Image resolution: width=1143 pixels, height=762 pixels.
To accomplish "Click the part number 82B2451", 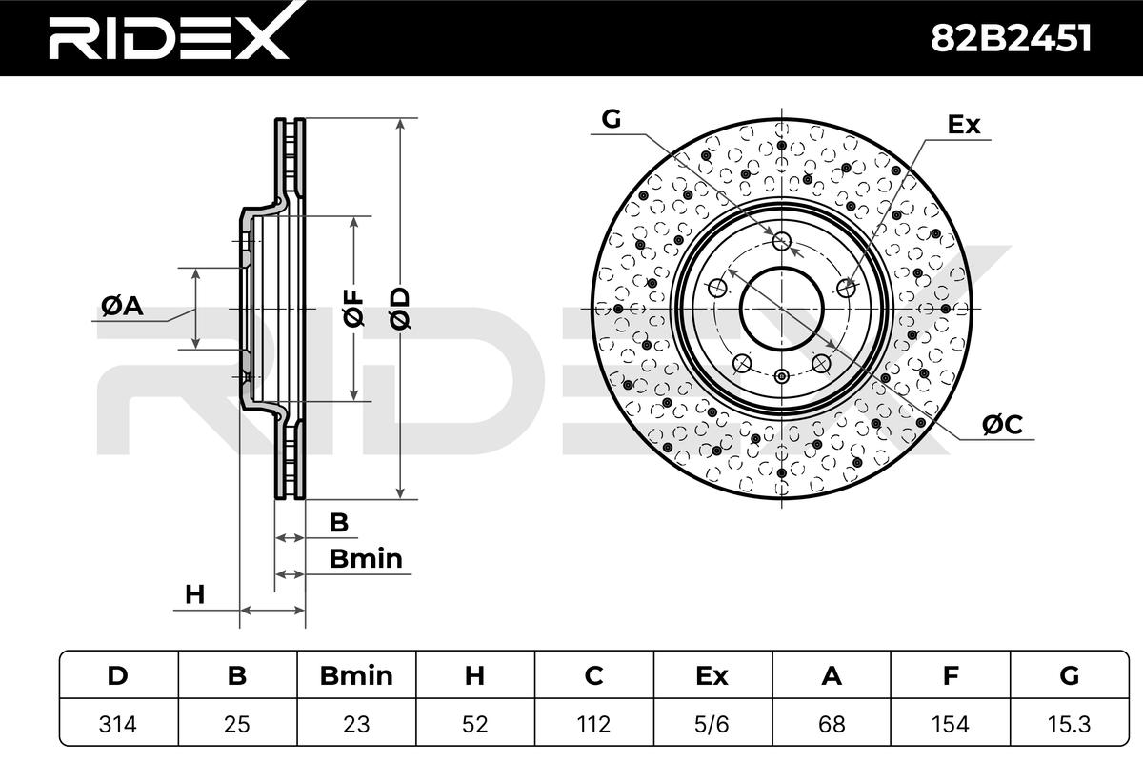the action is pos(1011,38).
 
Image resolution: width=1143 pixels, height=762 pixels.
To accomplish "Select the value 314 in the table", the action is pos(118,724).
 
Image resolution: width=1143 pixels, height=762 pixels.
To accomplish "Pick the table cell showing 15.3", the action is pos(1069,724).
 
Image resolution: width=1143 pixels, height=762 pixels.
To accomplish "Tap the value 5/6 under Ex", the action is pos(712,724).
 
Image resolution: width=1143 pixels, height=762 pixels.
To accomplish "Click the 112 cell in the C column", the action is pos(593,724).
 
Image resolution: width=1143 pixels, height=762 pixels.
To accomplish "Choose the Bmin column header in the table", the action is pos(356,675).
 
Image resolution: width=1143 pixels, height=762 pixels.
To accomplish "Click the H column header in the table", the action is pos(474,675).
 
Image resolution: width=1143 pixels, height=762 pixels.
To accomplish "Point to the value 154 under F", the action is pos(950,724).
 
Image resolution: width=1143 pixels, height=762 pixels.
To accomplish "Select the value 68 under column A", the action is pos(832,724).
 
